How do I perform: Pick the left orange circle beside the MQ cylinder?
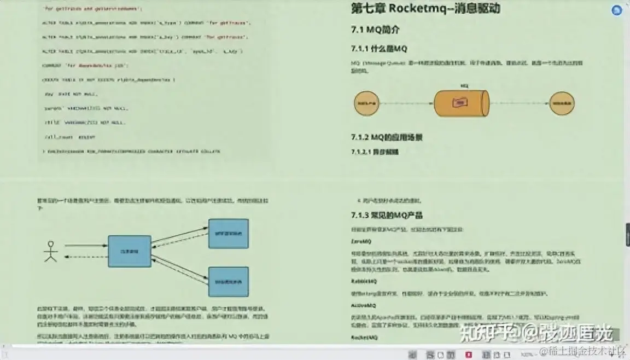tap(367, 103)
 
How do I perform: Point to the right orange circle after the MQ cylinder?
tap(562, 103)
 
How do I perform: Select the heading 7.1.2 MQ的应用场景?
tap(387, 137)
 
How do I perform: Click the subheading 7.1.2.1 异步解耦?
tap(375, 152)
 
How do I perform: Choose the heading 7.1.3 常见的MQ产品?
tap(387, 215)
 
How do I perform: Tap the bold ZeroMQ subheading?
tap(361, 241)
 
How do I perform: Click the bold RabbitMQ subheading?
tap(364, 281)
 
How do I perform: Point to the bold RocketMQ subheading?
tap(364, 338)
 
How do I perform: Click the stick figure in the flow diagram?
tap(51, 251)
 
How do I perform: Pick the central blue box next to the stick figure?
tap(129, 251)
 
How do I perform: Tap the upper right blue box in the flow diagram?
tap(228, 234)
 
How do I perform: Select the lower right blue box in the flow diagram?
tap(228, 282)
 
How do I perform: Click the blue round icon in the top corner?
tap(617, 10)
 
